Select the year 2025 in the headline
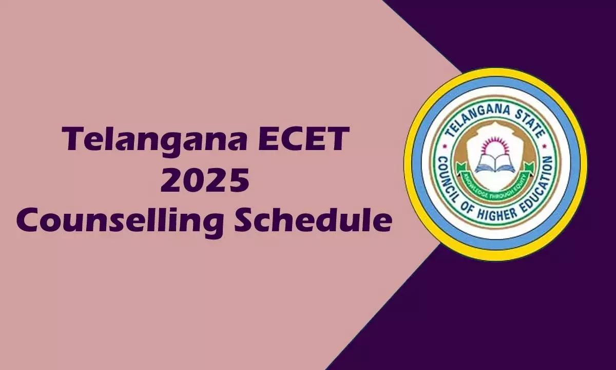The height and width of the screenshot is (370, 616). click(205, 181)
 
